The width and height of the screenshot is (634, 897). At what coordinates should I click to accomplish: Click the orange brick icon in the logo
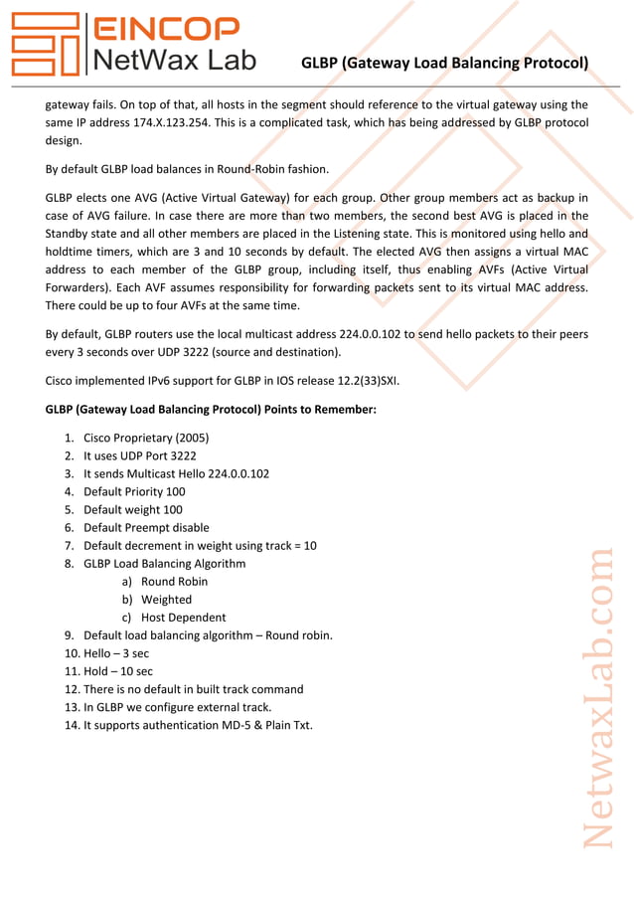coord(45,45)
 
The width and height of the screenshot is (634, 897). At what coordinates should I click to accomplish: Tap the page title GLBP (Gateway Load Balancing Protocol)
coord(444,64)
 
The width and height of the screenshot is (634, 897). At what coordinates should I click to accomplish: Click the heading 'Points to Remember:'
coord(211,409)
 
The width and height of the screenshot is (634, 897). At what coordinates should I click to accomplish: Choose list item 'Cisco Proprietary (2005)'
coord(146,438)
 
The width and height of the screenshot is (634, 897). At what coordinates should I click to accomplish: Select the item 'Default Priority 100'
coord(134,491)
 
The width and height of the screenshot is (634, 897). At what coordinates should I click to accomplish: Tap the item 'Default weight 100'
coord(133,509)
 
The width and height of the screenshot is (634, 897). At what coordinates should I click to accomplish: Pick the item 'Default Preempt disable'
coord(146,527)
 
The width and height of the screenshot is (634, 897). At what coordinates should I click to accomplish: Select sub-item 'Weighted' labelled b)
coord(166,600)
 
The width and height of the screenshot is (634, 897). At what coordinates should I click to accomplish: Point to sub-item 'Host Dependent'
coord(183,618)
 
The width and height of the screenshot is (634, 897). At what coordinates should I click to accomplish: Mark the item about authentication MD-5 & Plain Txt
coord(198,725)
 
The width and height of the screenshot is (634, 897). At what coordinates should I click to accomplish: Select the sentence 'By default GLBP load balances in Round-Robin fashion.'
coord(187,168)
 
